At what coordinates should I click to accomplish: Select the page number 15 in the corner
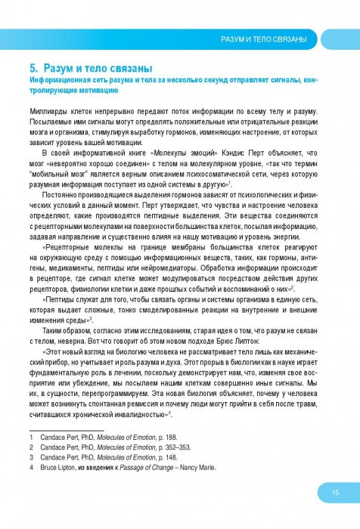pos(334,493)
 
